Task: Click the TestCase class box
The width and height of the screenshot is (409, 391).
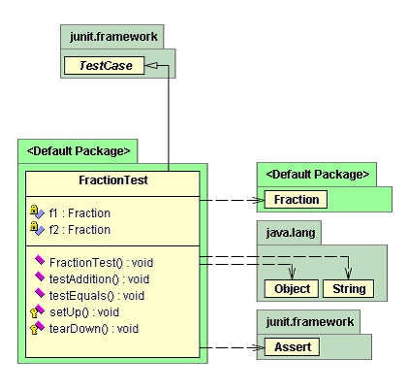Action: (104, 66)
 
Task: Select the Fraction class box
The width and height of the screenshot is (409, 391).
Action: (296, 200)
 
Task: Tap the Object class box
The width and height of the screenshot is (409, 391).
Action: (292, 288)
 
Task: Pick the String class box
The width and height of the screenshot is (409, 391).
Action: (348, 288)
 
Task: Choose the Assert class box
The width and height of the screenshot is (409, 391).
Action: (292, 347)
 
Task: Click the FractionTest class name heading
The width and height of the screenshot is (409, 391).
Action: (113, 180)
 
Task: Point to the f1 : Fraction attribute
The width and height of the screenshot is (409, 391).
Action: (79, 213)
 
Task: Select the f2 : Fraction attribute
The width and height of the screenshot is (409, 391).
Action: (79, 230)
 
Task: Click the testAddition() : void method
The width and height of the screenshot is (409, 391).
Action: (99, 279)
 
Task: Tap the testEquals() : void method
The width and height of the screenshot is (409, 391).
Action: (97, 296)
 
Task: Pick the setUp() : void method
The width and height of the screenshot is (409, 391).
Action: (84, 312)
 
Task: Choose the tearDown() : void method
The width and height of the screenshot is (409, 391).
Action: (94, 329)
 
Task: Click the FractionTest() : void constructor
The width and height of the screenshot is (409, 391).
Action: (101, 263)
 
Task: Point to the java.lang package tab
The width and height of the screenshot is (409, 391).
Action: (289, 233)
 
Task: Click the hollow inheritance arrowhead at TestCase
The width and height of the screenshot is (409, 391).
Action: (150, 66)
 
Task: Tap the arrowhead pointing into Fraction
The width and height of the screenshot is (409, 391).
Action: (259, 200)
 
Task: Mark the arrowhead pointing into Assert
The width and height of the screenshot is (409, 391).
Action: (259, 347)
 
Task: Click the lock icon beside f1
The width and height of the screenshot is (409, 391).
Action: (34, 210)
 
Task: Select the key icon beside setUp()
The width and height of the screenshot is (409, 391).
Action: (34, 312)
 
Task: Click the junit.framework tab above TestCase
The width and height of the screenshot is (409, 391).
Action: (112, 37)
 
